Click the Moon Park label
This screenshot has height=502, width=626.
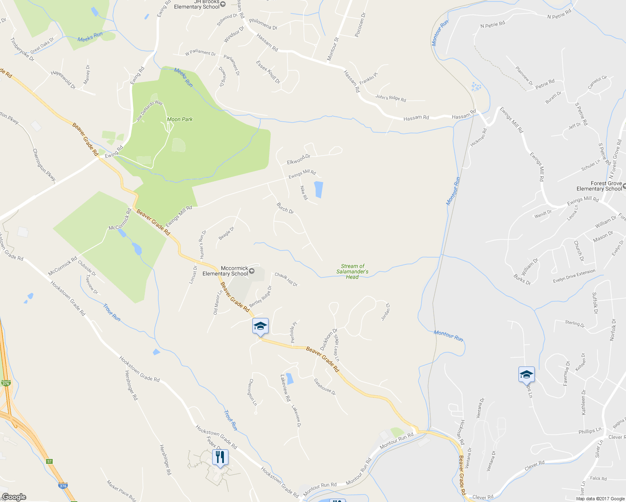tap(180, 119)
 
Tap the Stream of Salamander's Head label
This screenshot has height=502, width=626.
tap(352, 271)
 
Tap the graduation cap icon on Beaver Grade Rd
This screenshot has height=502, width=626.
tap(260, 326)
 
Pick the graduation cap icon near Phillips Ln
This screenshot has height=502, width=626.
tap(526, 374)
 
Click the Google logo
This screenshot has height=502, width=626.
tap(14, 497)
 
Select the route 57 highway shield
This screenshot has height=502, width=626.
tap(49, 461)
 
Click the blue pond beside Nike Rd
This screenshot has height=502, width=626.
tap(318, 190)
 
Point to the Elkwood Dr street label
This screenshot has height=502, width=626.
tap(298, 159)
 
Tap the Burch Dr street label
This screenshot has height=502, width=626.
tap(285, 208)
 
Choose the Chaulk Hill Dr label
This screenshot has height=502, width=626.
tap(286, 279)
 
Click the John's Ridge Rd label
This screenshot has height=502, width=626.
tap(390, 98)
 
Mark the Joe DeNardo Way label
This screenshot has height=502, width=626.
tap(149, 111)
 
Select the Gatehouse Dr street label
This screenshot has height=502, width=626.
tap(325, 387)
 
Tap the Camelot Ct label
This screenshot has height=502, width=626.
tap(597, 82)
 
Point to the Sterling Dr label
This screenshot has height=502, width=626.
tap(575, 323)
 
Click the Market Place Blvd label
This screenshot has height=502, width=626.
tap(121, 491)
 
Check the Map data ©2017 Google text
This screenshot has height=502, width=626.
tap(600, 499)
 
